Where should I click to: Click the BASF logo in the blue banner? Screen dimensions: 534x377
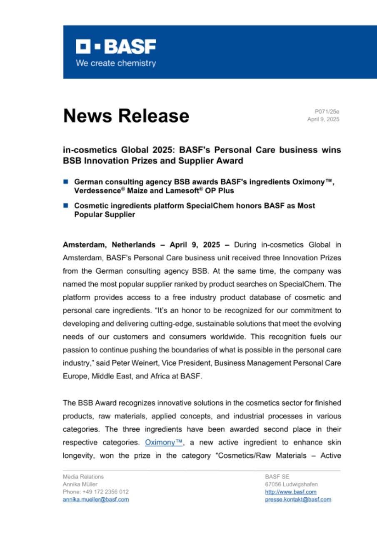(116, 47)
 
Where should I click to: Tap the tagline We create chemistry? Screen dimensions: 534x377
(116, 63)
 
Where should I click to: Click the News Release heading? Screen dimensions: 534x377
(126, 116)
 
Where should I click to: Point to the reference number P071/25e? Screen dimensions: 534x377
(327, 111)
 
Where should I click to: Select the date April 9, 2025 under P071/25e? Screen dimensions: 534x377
(323, 119)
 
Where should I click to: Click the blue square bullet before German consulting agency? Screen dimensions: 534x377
(65, 181)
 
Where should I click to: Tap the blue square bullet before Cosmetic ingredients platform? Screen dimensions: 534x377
(65, 205)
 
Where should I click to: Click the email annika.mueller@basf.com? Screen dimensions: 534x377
(95, 499)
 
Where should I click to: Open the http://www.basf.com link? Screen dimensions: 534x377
(290, 492)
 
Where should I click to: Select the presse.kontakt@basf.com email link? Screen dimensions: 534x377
(298, 499)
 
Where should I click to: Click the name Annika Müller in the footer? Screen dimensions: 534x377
(80, 484)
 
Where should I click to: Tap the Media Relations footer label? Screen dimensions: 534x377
(83, 477)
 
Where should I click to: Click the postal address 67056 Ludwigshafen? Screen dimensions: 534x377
(291, 484)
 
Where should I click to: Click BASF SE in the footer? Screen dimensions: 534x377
(274, 477)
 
